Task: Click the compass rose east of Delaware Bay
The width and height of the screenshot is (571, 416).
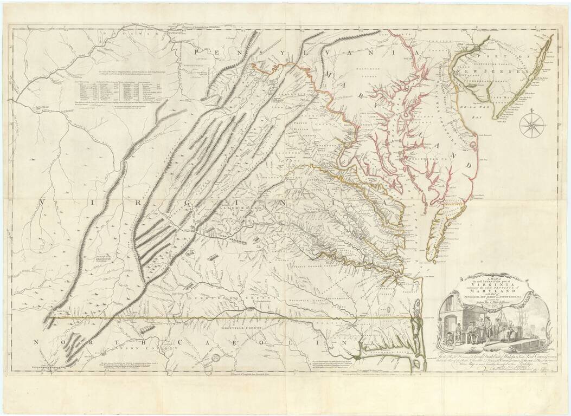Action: [532, 125]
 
